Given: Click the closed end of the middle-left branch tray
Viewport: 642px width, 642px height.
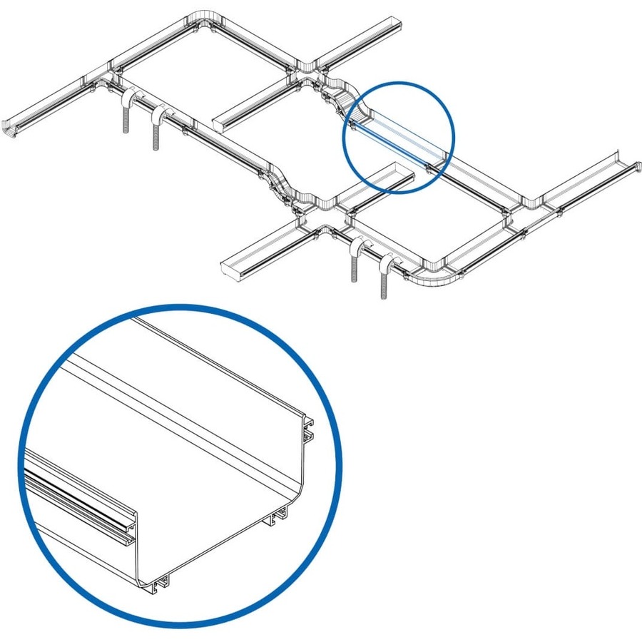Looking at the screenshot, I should click(x=220, y=123).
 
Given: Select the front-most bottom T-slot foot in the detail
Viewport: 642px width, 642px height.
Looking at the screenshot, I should click(x=160, y=583).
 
